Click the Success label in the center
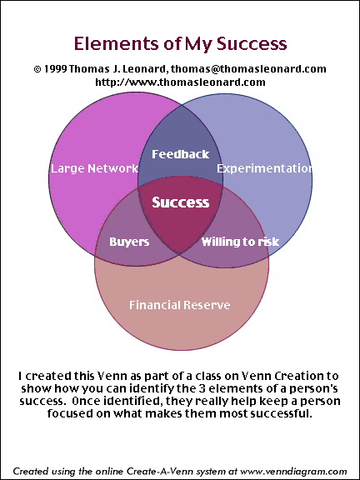coord(181,202)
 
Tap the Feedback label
coord(181,153)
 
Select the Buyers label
coord(129,242)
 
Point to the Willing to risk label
coord(240,242)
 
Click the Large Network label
coord(94,168)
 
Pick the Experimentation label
coord(264,168)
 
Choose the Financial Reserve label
coord(180,305)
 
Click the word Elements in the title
coord(114,43)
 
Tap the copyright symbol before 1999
coord(37,69)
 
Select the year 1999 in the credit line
coord(55,69)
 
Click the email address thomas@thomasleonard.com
coord(248,69)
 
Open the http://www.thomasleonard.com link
coord(180,82)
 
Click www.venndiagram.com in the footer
coord(293,471)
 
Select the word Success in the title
coord(252,43)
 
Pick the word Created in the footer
coord(27,471)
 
